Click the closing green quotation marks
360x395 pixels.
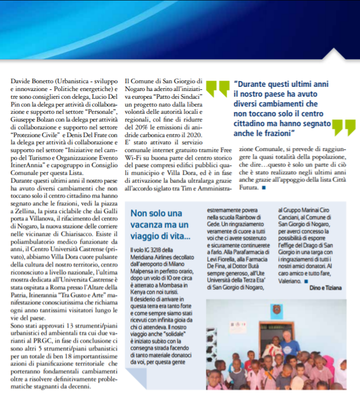click(x=343, y=126)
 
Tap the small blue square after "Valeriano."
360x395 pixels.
click(x=306, y=281)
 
